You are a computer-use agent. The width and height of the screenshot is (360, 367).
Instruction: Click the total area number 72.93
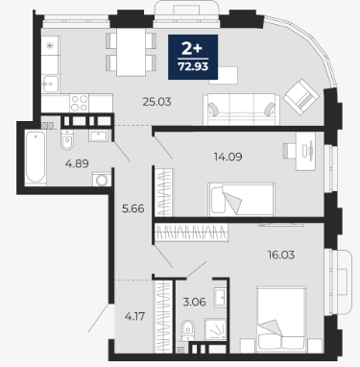coord(193,66)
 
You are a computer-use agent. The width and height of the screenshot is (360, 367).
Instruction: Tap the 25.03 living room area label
coord(156,102)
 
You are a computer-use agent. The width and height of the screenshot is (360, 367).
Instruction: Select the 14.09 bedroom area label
coord(228,157)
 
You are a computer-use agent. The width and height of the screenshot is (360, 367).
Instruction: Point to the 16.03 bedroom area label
coord(281,255)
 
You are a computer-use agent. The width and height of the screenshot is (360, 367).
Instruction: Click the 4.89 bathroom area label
coord(77,163)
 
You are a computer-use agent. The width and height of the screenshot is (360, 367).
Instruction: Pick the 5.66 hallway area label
coord(133,208)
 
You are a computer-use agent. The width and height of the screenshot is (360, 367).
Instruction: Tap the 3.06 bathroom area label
coord(194,302)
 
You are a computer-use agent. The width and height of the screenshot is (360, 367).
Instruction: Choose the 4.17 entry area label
coord(134,316)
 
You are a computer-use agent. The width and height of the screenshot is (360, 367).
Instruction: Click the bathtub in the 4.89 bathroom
coord(36,158)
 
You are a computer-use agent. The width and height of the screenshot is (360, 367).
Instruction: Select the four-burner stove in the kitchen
coord(79,103)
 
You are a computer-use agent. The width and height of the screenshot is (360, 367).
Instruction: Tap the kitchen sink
coord(51,84)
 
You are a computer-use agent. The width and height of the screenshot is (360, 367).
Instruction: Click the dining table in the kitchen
coord(131,52)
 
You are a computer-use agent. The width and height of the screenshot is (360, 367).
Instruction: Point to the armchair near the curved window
coord(301,97)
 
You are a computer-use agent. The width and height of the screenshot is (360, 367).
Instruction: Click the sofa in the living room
coord(241,110)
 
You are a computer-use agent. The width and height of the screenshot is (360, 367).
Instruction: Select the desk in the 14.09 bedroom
coord(305,151)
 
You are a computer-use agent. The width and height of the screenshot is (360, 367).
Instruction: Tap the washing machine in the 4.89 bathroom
coord(102,180)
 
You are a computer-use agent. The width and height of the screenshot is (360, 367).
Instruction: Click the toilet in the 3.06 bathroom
coord(188,330)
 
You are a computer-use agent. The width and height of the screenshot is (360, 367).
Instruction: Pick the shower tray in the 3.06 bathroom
coord(215,330)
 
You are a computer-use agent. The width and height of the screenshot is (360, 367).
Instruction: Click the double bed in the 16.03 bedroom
coord(281,319)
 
